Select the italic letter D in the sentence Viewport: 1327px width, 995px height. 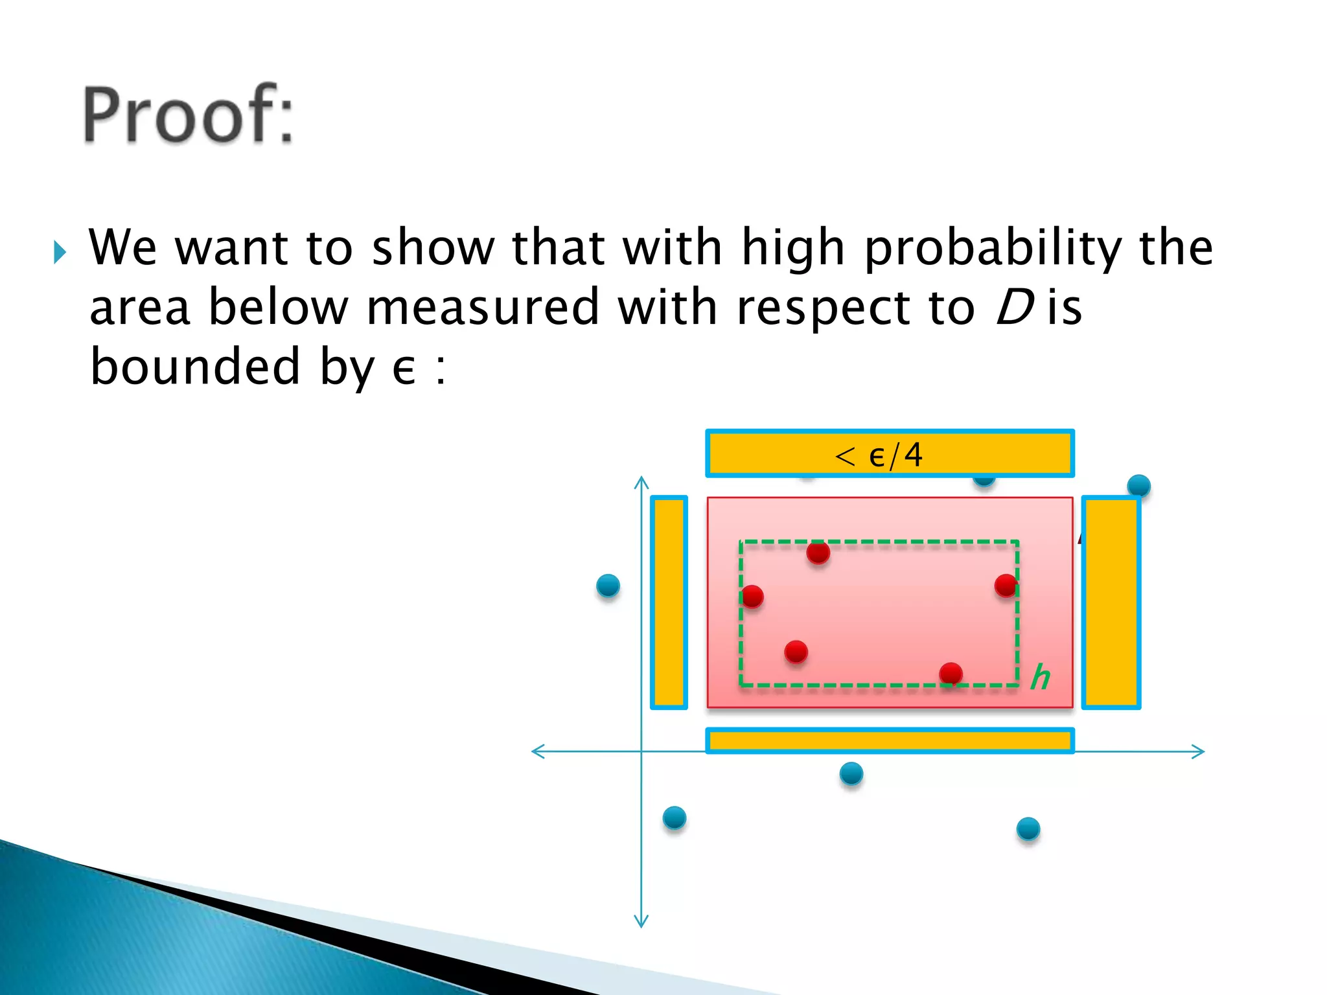coord(1013,308)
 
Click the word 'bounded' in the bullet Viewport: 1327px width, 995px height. coord(194,366)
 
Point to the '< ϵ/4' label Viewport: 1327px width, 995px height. coord(879,455)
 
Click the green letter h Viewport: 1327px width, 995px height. coord(1040,677)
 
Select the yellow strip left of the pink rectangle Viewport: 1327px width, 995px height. coord(669,602)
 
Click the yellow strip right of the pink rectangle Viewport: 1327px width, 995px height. coord(1111,602)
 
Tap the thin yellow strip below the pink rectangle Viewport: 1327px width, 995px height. coord(889,740)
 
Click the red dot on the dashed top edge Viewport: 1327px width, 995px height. coord(818,553)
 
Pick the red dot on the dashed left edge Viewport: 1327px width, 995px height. coord(752,596)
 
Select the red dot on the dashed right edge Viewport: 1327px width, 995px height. coord(1006,586)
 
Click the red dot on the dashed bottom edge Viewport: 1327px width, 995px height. coord(951,674)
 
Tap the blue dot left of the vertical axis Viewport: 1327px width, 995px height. coord(608,586)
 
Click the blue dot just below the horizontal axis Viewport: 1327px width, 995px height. coord(851,773)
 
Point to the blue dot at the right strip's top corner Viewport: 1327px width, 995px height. coord(1138,486)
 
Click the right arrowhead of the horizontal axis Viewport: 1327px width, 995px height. coord(1200,751)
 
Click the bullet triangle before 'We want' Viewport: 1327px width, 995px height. coord(60,252)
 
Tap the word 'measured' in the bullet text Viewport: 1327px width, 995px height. coord(483,308)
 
